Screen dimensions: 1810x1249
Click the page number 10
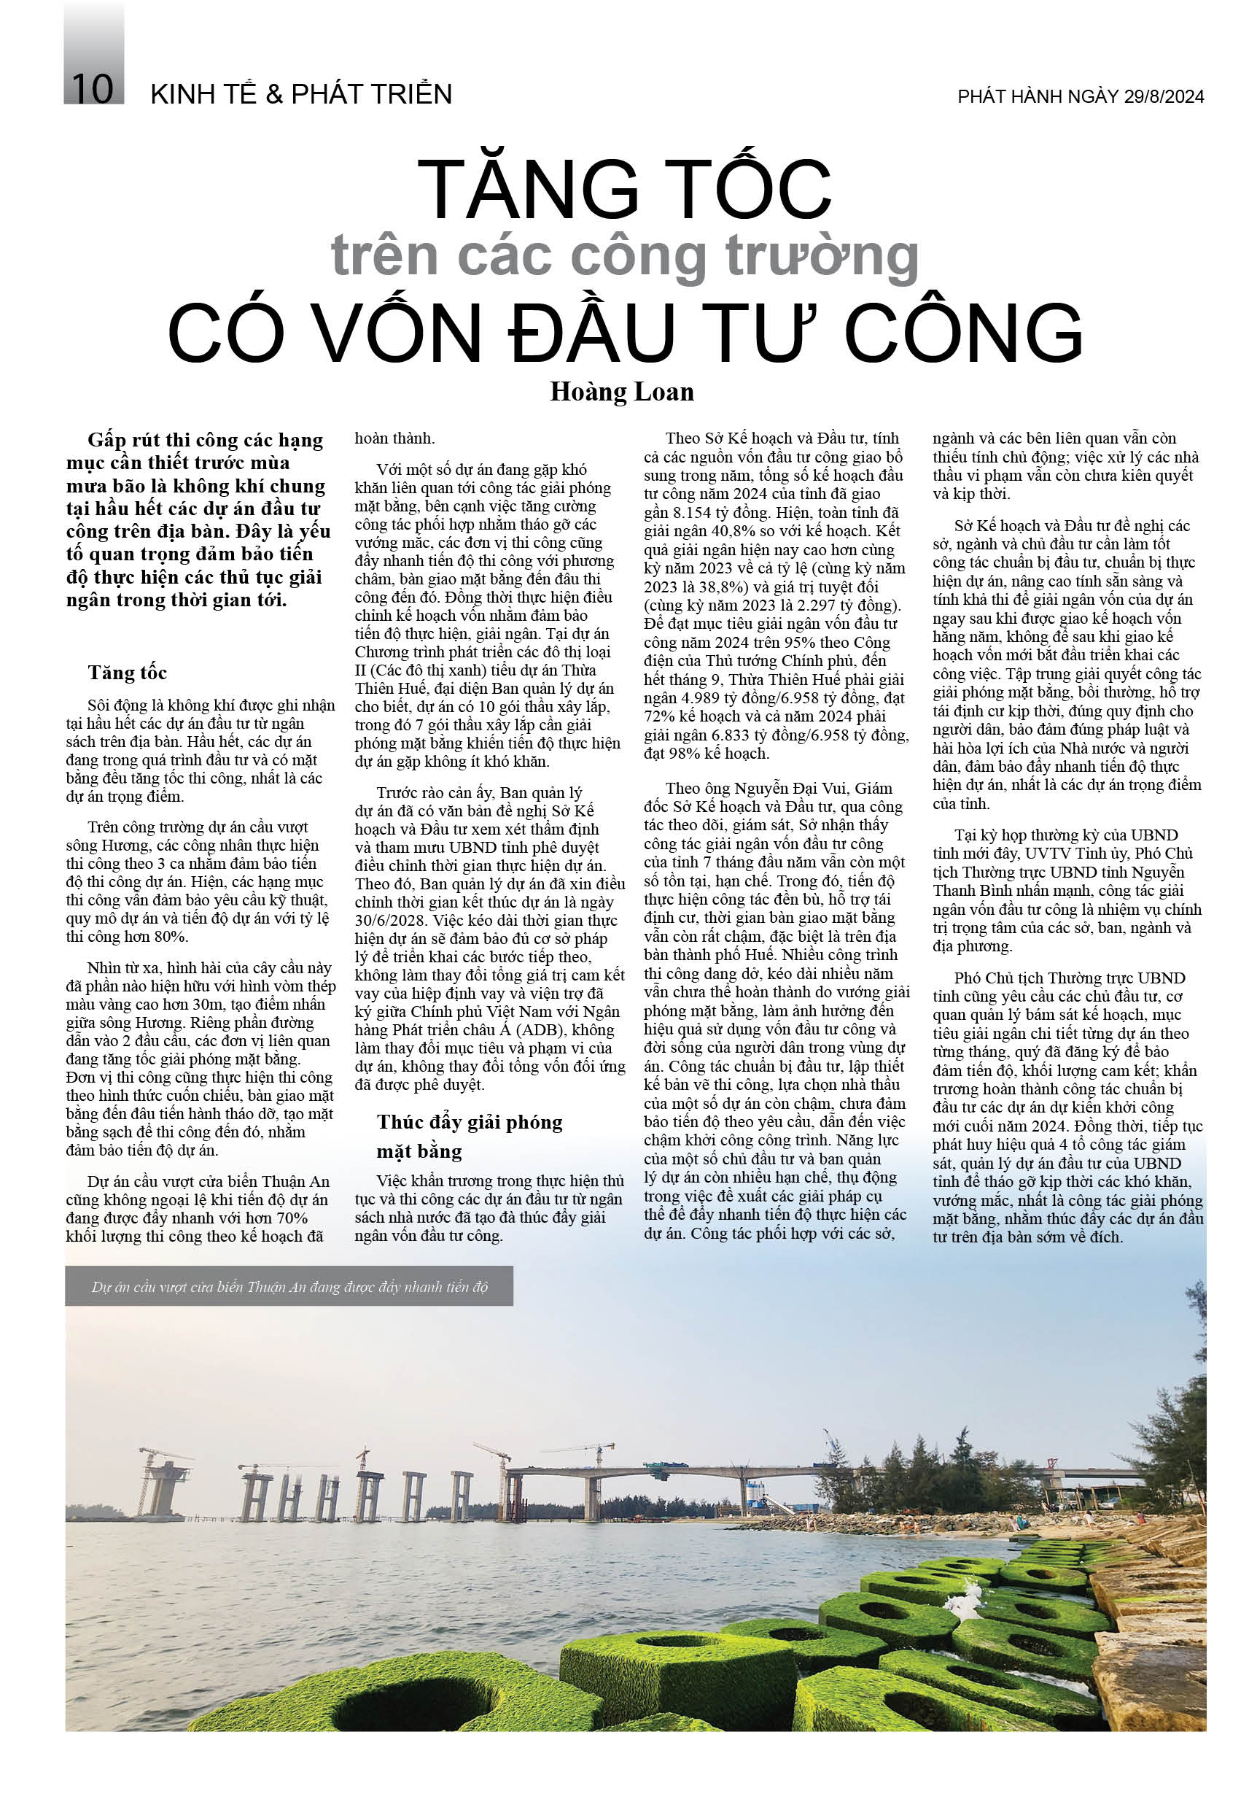click(x=93, y=89)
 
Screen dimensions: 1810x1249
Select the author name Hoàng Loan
click(x=621, y=392)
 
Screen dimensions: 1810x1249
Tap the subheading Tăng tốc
click(x=128, y=673)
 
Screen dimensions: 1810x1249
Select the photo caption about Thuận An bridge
click(x=289, y=1287)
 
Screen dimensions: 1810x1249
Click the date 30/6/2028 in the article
click(x=392, y=902)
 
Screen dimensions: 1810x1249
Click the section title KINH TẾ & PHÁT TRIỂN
click(x=301, y=95)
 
